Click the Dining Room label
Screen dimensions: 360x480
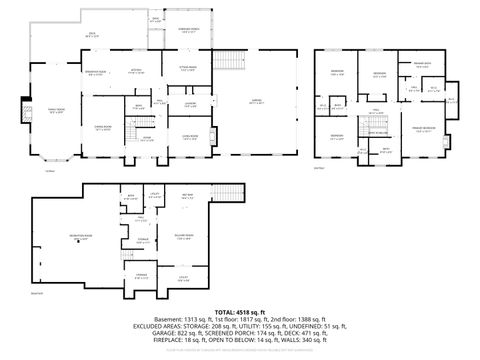point(103,129)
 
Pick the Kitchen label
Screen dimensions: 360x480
point(135,71)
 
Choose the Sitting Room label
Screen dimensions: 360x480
point(187,70)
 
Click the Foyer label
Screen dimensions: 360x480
point(147,139)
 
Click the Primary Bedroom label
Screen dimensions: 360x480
point(423,131)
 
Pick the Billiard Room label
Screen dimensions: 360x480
point(183,236)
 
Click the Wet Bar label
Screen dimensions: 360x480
point(187,197)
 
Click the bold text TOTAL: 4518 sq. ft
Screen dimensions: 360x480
point(240,311)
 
